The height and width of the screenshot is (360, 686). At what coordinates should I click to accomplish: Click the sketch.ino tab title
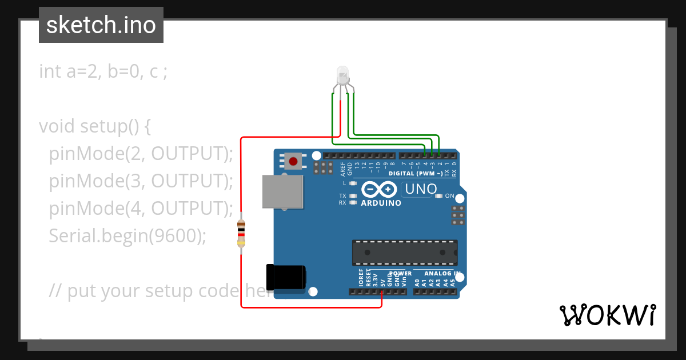pos(101,25)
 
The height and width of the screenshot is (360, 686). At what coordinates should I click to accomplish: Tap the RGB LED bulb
pos(342,75)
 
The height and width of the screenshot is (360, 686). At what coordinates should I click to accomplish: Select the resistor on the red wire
pos(241,234)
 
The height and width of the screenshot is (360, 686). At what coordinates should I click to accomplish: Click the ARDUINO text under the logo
pos(381,203)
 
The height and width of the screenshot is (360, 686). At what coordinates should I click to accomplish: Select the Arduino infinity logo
pos(378,189)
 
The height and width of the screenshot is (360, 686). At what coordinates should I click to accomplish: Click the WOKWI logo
pos(607,315)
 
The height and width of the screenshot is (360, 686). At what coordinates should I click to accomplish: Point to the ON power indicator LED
pos(438,196)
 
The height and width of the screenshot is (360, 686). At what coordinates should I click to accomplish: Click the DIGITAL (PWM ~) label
pos(415,173)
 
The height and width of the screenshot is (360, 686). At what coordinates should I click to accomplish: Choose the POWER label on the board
pos(400,274)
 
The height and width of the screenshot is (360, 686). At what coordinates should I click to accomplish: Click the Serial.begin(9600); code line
pos(127,235)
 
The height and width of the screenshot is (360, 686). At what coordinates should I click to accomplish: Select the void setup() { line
pos(95,126)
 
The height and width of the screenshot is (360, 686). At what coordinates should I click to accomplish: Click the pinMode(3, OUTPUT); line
pos(141,181)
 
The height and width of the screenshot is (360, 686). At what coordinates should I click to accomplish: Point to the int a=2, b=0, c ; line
pos(103,71)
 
